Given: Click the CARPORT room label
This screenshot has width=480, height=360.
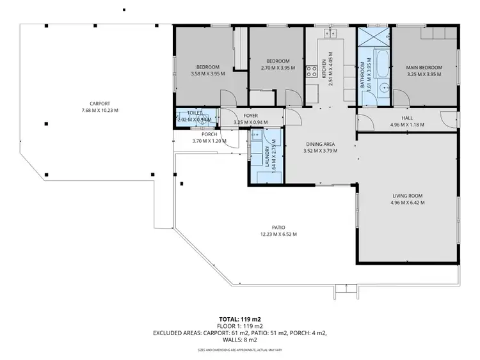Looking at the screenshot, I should (100, 104).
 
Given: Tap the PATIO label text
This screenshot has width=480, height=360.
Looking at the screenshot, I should (278, 227).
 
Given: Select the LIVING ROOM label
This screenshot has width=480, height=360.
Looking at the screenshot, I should (407, 196).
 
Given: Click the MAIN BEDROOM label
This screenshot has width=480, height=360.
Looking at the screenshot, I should (424, 67).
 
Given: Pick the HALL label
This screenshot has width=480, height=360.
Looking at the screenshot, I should (407, 117).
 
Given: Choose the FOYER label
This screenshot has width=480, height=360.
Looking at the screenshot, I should (250, 116).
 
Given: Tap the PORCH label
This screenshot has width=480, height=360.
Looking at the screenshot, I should (209, 134).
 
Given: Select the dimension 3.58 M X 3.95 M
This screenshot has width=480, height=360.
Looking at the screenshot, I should (208, 74).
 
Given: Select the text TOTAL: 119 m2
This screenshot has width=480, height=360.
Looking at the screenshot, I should (240, 318).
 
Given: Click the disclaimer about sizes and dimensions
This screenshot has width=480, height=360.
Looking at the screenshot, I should (240, 349).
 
